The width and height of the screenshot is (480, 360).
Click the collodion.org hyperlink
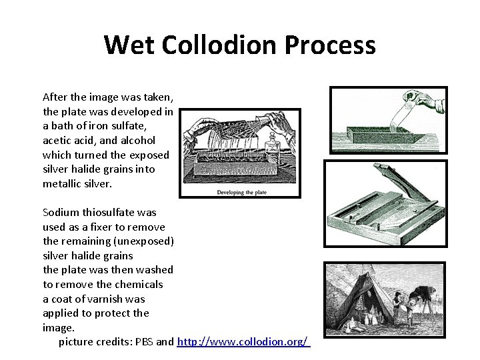click(243, 342)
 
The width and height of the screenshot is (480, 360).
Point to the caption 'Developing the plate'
click(240, 192)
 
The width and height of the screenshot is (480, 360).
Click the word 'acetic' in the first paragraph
click(57, 140)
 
